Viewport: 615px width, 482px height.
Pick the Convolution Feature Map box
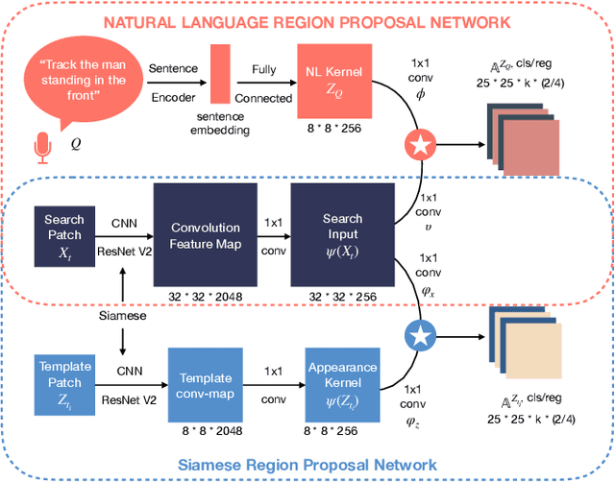pyautogui.click(x=205, y=234)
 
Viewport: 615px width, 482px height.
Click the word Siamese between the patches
pyautogui.click(x=123, y=314)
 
